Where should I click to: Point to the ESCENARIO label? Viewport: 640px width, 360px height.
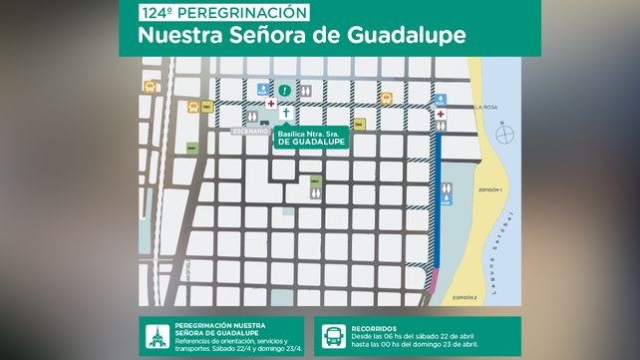(250, 131)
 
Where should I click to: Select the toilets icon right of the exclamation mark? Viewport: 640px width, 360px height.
(306, 90)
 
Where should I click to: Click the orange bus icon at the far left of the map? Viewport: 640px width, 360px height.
(151, 87)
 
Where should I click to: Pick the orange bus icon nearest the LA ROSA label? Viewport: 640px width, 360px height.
(386, 98)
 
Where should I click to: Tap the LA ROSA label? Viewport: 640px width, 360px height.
(485, 107)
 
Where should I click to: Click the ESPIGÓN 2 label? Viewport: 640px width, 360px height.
(465, 297)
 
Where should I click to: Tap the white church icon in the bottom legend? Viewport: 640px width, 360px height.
(155, 335)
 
